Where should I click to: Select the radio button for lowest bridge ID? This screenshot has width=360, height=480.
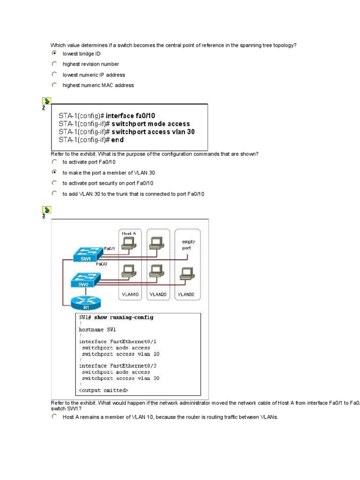pos(54,53)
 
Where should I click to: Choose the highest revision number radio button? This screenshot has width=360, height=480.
pos(54,64)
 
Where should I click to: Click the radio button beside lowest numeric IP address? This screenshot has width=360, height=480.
pos(54,75)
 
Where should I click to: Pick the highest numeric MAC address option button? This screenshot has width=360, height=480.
pos(54,85)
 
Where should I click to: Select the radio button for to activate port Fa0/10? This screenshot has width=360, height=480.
pos(54,162)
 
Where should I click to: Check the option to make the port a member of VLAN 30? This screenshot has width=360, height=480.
pos(54,172)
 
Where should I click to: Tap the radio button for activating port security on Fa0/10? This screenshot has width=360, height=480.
pos(54,183)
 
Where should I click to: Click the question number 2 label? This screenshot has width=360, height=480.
pos(44,108)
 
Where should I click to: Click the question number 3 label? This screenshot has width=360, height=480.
pos(44,216)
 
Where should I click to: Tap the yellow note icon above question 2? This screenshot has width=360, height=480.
pos(46,101)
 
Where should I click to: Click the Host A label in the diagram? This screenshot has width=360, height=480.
pos(128,233)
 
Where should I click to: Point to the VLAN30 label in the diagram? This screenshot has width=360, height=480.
pos(186,294)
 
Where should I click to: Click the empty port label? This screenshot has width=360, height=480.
pos(188,245)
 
